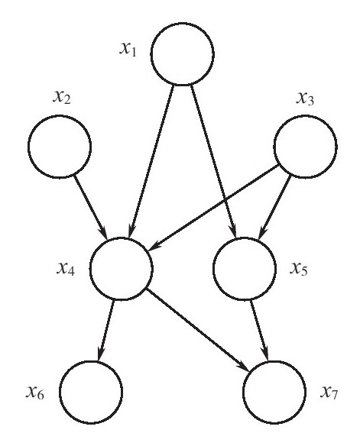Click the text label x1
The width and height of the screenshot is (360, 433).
click(128, 50)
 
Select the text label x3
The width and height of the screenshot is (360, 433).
click(305, 99)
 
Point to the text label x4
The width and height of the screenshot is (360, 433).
click(66, 268)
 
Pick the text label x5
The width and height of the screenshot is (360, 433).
click(299, 269)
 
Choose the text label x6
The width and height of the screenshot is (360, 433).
click(35, 393)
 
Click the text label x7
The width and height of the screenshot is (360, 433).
click(329, 393)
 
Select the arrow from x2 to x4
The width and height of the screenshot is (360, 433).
click(91, 208)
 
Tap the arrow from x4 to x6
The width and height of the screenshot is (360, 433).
click(105, 331)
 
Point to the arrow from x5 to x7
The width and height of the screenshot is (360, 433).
click(259, 331)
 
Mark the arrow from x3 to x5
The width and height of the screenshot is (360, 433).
click(274, 207)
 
